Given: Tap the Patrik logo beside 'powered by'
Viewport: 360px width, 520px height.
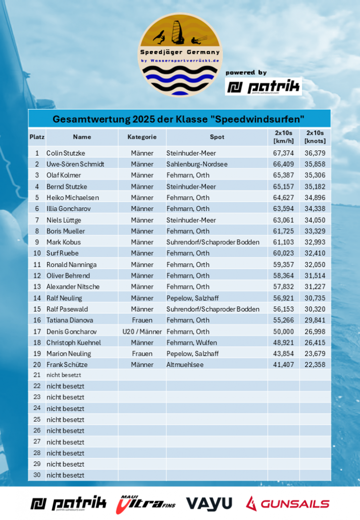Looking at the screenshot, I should [x=263, y=87].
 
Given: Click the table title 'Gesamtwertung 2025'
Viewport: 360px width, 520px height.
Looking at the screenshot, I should [x=179, y=120].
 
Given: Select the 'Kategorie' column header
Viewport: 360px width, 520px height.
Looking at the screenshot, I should [x=142, y=137].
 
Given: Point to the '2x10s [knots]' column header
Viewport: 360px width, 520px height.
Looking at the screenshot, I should [x=315, y=137].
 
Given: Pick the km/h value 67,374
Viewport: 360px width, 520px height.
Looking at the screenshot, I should [x=283, y=153].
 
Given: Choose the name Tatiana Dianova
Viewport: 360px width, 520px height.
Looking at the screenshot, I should [x=70, y=320].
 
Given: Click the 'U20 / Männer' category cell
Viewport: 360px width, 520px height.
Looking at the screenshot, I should [x=142, y=332].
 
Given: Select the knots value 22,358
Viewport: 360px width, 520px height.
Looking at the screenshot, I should [x=315, y=365].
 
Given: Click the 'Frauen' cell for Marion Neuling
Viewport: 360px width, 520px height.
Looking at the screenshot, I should [x=142, y=353].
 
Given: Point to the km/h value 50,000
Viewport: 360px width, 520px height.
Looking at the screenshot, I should [x=283, y=332].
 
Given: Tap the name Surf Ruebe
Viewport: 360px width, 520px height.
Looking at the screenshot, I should [x=63, y=253].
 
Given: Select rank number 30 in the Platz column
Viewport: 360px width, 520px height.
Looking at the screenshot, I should [x=36, y=475].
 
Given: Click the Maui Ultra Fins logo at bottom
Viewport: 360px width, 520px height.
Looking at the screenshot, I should [x=146, y=503].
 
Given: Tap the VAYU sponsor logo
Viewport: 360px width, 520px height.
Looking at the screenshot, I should [x=209, y=503].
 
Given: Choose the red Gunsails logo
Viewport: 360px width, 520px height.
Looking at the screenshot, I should [x=287, y=503].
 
